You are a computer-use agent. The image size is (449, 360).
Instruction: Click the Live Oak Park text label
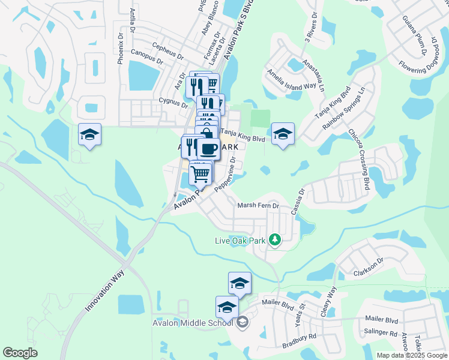tap(240, 241)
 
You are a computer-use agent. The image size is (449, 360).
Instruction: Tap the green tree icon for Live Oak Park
tap(275, 240)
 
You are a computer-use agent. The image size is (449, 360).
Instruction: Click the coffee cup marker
tap(208, 149)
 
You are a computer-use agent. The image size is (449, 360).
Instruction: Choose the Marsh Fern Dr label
tap(259, 205)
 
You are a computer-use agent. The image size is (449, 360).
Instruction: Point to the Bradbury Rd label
tap(299, 341)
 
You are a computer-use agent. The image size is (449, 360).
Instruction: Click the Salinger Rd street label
tap(381, 333)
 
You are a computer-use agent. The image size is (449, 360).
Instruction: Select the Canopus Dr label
tap(146, 56)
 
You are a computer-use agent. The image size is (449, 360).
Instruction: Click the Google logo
tap(20, 353)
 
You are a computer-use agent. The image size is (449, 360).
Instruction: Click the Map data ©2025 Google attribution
tap(411, 355)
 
